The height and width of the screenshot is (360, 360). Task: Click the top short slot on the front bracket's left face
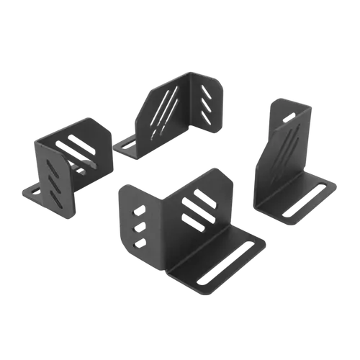click(139, 210)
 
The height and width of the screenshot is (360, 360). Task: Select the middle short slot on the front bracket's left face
click(139, 226)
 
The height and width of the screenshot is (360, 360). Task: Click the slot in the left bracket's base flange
click(30, 192)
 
